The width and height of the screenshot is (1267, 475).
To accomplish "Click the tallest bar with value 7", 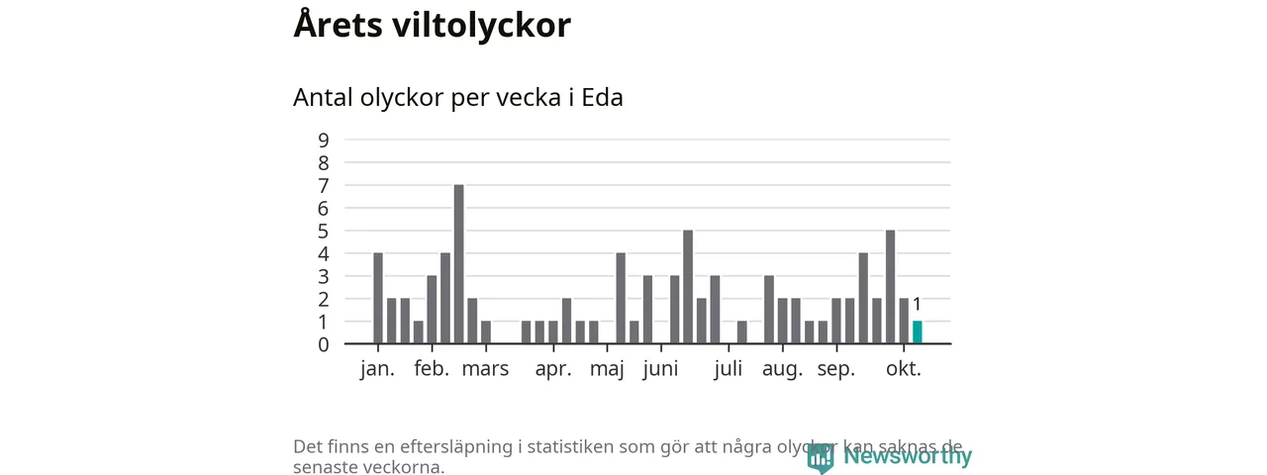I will click(x=458, y=264).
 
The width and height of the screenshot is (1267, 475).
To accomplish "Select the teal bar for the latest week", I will click(x=917, y=332).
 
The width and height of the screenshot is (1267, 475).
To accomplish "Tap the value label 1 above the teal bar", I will click(x=917, y=305).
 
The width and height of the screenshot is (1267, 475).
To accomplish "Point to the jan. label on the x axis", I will click(x=377, y=369).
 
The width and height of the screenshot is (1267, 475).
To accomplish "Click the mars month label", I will click(x=485, y=369).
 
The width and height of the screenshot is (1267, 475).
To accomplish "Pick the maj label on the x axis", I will click(x=607, y=370).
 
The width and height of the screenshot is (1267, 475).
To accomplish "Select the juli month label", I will click(x=728, y=369).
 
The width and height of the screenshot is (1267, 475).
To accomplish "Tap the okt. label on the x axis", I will click(x=903, y=369).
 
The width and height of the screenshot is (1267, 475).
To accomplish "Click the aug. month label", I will click(x=781, y=369).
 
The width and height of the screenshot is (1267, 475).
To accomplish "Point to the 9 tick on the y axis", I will click(x=324, y=140).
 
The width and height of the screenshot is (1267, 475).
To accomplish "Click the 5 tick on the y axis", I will click(x=324, y=231).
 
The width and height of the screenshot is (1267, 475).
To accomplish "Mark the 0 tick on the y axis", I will click(x=324, y=344).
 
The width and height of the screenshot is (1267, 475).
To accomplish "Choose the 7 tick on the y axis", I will click(x=324, y=185).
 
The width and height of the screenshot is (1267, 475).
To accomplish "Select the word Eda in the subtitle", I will click(x=602, y=98).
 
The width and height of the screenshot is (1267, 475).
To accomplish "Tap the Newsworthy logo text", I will click(x=907, y=456).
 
